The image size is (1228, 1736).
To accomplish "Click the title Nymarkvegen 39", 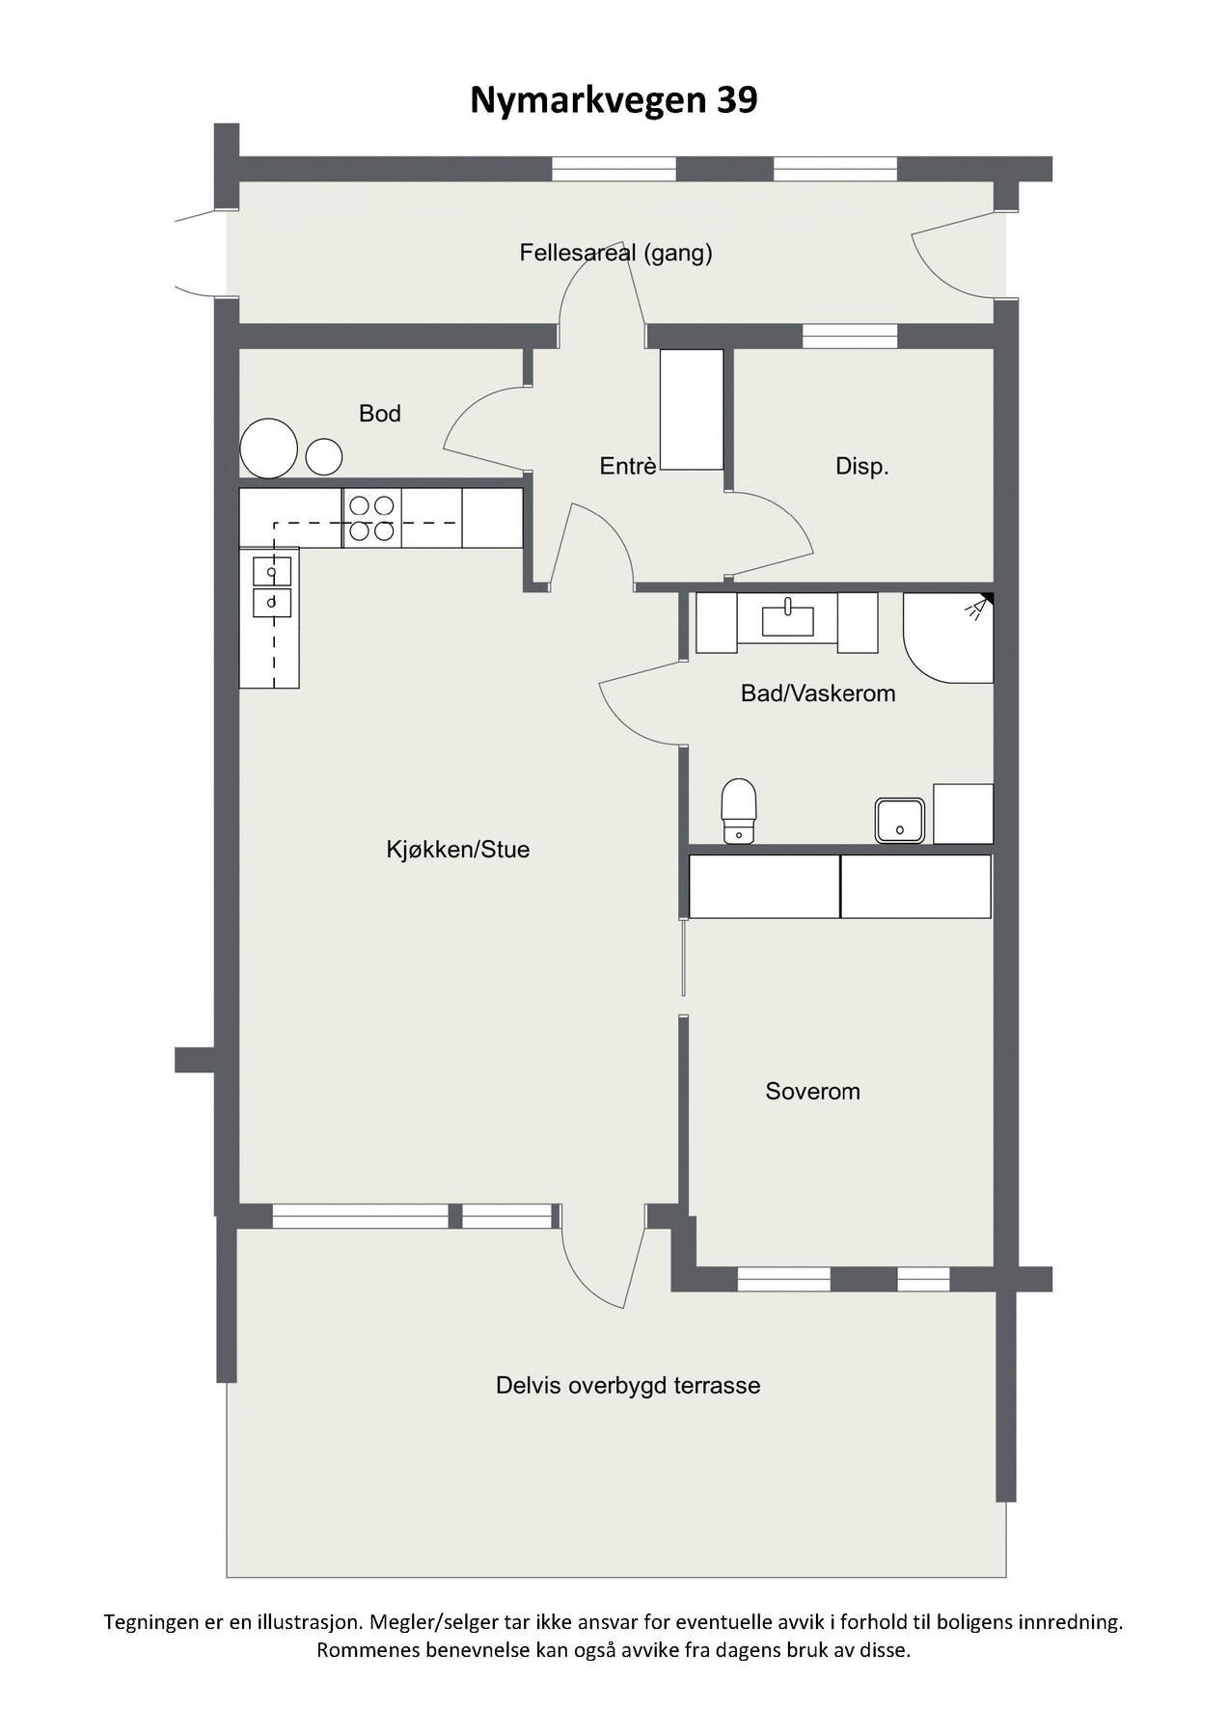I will point(614,100).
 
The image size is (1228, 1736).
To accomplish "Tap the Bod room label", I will point(379,414).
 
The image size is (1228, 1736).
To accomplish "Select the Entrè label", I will point(628,467).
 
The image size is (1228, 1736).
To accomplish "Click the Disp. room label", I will point(861,467).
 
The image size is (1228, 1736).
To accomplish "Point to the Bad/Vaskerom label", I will point(817,693).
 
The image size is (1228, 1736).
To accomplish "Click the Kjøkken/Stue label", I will point(458,850).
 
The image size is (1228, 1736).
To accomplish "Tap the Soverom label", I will point(812,1092).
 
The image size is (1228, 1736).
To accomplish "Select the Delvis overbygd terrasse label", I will point(628,1386).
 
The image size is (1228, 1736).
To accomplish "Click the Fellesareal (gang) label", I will point(615,253).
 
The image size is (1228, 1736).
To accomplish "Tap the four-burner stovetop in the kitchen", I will point(371,518).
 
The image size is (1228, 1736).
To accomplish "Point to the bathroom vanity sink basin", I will point(787,618).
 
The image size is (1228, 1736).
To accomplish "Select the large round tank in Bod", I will point(268,448).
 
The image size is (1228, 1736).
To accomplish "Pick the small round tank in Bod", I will point(324,455).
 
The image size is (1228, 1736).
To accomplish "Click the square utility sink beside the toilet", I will point(900,821).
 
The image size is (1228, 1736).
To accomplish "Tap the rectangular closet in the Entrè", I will point(692,410).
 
